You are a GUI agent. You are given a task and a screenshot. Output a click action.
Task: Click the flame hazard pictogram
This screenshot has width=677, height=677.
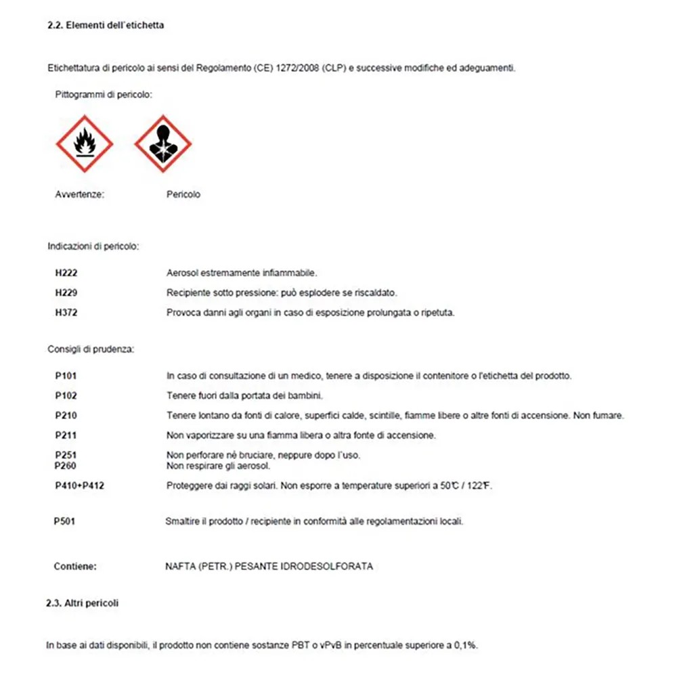pos(84,144)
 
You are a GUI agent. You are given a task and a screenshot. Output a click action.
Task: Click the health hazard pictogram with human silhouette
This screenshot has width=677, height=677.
pos(163,144)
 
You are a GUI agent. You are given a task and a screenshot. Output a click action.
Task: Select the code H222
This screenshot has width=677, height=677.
pos(67,273)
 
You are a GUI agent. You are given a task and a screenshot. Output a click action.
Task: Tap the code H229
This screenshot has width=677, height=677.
pos(67,292)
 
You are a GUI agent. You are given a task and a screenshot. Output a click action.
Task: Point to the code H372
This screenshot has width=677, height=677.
pos(67,313)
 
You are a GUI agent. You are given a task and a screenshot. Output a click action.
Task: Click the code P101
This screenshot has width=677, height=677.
pos(67,375)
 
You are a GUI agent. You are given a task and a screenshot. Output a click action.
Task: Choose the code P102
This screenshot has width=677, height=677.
pos(67,395)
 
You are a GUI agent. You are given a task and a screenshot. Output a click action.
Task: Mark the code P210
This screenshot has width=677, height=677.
pos(67,415)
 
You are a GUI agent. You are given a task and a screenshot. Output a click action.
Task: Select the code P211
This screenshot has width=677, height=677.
pos(67,435)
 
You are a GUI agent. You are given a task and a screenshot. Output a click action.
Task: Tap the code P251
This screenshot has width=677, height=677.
pos(67,455)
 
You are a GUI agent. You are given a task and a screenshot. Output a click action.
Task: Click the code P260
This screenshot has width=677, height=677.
pos(67,466)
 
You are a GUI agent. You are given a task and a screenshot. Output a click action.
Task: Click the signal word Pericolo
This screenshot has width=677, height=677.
pos(183,194)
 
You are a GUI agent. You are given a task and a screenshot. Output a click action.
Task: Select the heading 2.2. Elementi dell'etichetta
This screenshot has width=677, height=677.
pos(106,26)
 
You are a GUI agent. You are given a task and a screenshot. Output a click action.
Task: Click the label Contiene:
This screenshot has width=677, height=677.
pos(75,566)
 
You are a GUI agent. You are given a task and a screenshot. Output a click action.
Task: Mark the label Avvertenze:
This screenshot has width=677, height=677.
pos(79,194)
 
